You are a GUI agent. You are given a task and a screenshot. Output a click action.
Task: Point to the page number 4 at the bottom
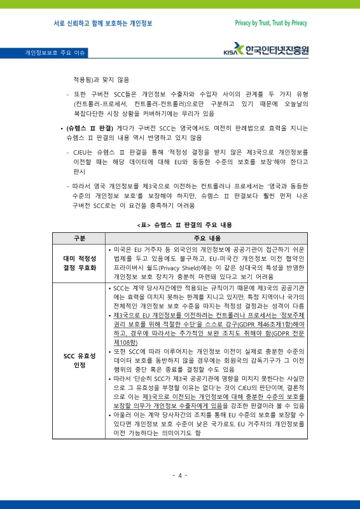click(x=180, y=475)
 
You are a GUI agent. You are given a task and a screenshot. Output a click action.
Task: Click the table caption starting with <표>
click(x=180, y=225)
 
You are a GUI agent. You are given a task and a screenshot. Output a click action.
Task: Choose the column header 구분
click(x=79, y=238)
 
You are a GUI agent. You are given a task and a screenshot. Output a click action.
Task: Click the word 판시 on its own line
click(x=80, y=171)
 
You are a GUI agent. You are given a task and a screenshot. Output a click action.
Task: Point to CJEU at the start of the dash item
click(x=82, y=153)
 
